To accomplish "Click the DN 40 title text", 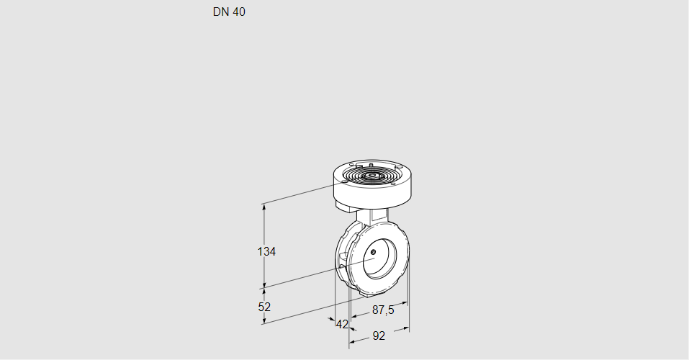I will pos(228,12).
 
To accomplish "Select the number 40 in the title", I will pos(238,12).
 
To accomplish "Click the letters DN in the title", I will pos(220,12).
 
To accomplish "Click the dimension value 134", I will pos(267,251).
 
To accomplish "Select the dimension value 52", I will pos(264,307).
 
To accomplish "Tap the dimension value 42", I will pos(342,324).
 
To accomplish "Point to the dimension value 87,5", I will pos(382,310).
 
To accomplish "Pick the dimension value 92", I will pos(379,336).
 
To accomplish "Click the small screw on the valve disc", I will pos(374,251).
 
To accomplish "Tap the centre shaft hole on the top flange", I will pos(371,175).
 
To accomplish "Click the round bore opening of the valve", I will pos(379,259).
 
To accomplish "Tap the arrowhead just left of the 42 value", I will pos(332,320).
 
